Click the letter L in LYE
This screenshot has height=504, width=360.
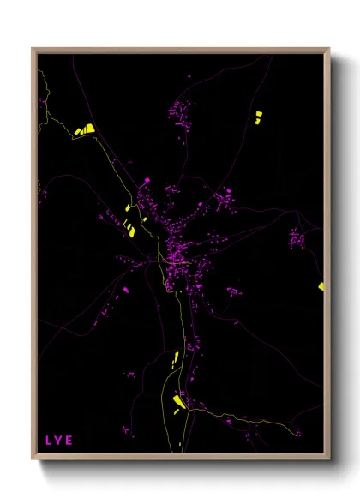(48, 441)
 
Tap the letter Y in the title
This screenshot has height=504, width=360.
(58, 441)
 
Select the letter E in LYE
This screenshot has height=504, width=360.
(69, 441)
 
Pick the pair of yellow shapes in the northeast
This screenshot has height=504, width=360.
(257, 117)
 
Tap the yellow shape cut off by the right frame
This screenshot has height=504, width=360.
(321, 286)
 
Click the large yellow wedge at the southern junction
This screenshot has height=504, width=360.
(180, 401)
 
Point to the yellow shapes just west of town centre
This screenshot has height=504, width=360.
(129, 226)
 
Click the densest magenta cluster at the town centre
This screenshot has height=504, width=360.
(178, 254)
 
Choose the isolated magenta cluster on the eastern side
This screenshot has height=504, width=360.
(297, 238)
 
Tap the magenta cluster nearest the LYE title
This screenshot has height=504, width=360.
(126, 430)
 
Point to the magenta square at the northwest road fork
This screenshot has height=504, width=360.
(147, 180)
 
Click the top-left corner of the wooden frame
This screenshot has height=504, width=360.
(33, 49)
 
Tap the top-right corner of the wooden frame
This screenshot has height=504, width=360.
(329, 49)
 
